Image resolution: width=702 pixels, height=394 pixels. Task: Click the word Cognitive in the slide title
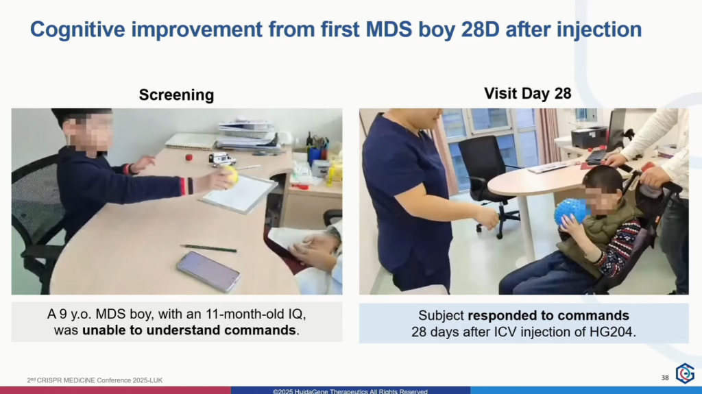(x=77, y=30)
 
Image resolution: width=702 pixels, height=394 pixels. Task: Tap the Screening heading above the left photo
(x=176, y=95)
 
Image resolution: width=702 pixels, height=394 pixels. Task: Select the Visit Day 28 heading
(x=527, y=93)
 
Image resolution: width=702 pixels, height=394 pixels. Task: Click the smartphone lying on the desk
(x=208, y=271)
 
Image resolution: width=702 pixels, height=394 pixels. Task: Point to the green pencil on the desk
(x=208, y=248)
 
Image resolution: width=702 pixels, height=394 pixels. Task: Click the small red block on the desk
(x=189, y=157)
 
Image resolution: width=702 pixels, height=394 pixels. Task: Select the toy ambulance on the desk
(x=221, y=159)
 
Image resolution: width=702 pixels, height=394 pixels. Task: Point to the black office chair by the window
(x=486, y=179)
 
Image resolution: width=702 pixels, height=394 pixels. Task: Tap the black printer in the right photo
(x=589, y=136)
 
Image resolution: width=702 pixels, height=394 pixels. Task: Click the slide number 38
(x=665, y=378)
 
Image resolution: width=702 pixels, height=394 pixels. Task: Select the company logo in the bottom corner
(x=685, y=373)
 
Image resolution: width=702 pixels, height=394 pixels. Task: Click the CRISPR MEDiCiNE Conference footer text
(x=95, y=380)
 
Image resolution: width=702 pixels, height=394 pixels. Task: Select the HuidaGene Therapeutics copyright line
(x=350, y=391)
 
